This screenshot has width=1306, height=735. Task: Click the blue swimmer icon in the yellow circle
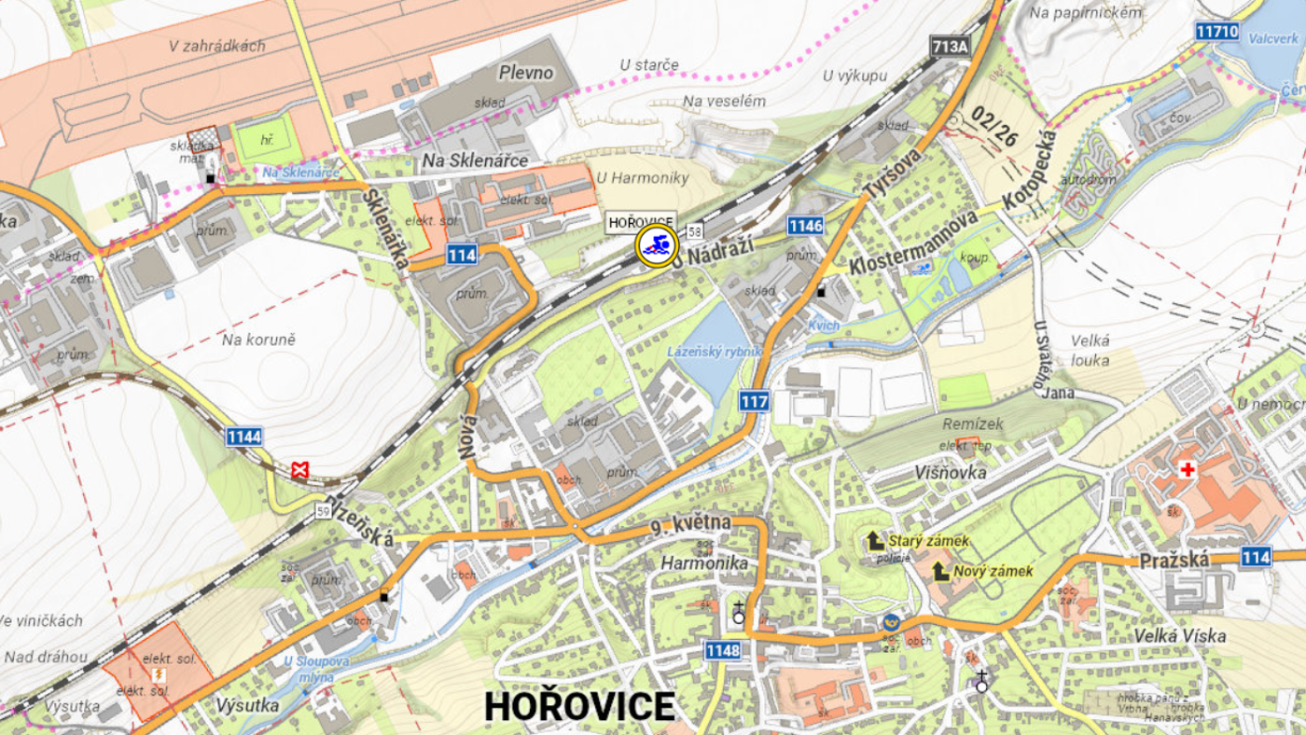pyautogui.click(x=657, y=247)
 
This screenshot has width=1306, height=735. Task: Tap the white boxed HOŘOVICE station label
pyautogui.click(x=641, y=222)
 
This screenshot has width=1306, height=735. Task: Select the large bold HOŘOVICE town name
pyautogui.click(x=579, y=707)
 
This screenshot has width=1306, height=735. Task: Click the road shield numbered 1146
pyautogui.click(x=805, y=225)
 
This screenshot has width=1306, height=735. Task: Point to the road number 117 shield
pyautogui.click(x=754, y=402)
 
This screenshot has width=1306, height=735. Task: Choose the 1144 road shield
pyautogui.click(x=243, y=436)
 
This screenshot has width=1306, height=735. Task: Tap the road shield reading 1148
pyautogui.click(x=723, y=650)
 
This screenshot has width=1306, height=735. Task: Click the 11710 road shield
pyautogui.click(x=1217, y=32)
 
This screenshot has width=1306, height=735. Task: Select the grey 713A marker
pyautogui.click(x=950, y=46)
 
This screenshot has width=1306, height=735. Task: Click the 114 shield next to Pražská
pyautogui.click(x=1256, y=557)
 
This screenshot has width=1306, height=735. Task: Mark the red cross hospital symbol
pyautogui.click(x=1188, y=469)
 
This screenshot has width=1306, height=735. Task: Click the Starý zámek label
pyautogui.click(x=927, y=541)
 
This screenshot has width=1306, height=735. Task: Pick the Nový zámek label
pyautogui.click(x=993, y=571)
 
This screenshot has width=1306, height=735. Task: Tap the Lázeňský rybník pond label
pyautogui.click(x=715, y=352)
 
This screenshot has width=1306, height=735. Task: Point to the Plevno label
pyautogui.click(x=526, y=73)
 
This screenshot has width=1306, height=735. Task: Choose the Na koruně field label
pyautogui.click(x=258, y=340)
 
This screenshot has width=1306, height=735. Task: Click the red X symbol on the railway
pyautogui.click(x=299, y=469)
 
